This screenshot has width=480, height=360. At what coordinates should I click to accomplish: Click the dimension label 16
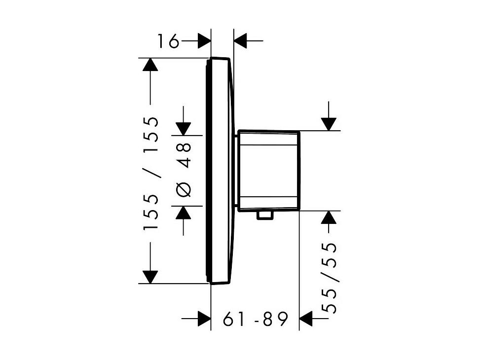168,41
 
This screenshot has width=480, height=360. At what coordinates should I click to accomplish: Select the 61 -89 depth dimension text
256,319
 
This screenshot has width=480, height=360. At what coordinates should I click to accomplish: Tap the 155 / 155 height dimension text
151,173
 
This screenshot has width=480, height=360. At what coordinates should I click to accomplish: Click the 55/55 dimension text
330,278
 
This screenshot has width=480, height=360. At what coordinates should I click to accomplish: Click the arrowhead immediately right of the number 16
204,41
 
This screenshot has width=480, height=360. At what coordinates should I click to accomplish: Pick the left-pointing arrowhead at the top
240,41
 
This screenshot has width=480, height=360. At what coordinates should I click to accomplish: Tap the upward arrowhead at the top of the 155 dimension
150,65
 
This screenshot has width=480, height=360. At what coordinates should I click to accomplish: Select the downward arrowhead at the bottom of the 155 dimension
150,277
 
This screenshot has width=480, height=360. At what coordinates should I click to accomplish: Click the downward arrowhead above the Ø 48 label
184,129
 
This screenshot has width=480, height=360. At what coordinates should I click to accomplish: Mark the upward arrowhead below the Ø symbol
184,213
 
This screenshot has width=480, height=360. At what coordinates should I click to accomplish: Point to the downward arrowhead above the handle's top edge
329,124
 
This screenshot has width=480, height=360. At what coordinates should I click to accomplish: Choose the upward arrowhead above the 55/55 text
329,217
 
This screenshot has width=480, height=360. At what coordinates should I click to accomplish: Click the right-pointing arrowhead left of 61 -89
204,319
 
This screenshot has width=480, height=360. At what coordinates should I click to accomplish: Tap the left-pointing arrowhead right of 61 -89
305,319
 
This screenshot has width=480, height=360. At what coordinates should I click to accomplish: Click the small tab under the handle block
264,215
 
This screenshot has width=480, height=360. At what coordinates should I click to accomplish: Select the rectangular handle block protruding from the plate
268,171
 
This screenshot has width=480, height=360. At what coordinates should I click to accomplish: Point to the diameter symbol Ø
184,189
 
